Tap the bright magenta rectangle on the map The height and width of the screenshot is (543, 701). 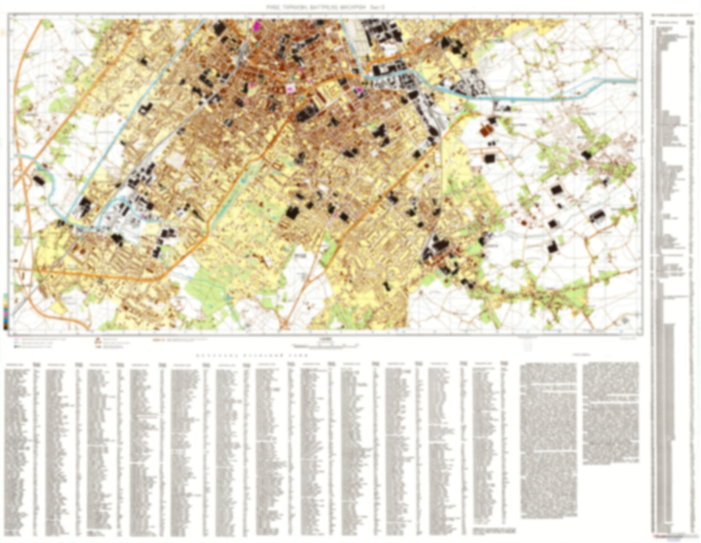[x=258, y=25]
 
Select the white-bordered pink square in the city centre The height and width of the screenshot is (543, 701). [x=291, y=88]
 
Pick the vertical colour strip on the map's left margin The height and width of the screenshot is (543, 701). [x=5, y=311]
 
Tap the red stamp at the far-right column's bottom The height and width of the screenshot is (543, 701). [x=672, y=537]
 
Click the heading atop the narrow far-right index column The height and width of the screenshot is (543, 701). [x=672, y=16]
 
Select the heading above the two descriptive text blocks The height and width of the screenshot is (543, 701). [x=579, y=355]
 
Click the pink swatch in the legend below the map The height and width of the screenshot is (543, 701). [x=16, y=339]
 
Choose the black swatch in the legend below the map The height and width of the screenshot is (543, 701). [x=16, y=347]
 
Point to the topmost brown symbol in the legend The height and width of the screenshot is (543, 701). [x=98, y=339]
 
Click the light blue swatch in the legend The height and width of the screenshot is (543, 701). [x=16, y=343]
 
